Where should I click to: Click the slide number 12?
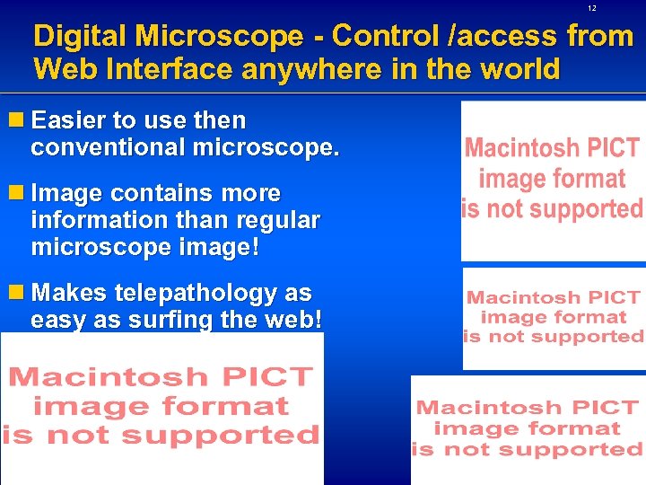click(x=592, y=8)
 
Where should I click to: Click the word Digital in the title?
click(x=79, y=37)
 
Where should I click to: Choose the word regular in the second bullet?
click(x=278, y=219)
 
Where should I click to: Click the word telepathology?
click(x=191, y=293)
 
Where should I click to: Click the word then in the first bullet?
click(x=219, y=120)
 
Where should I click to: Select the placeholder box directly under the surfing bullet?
click(x=161, y=409)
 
